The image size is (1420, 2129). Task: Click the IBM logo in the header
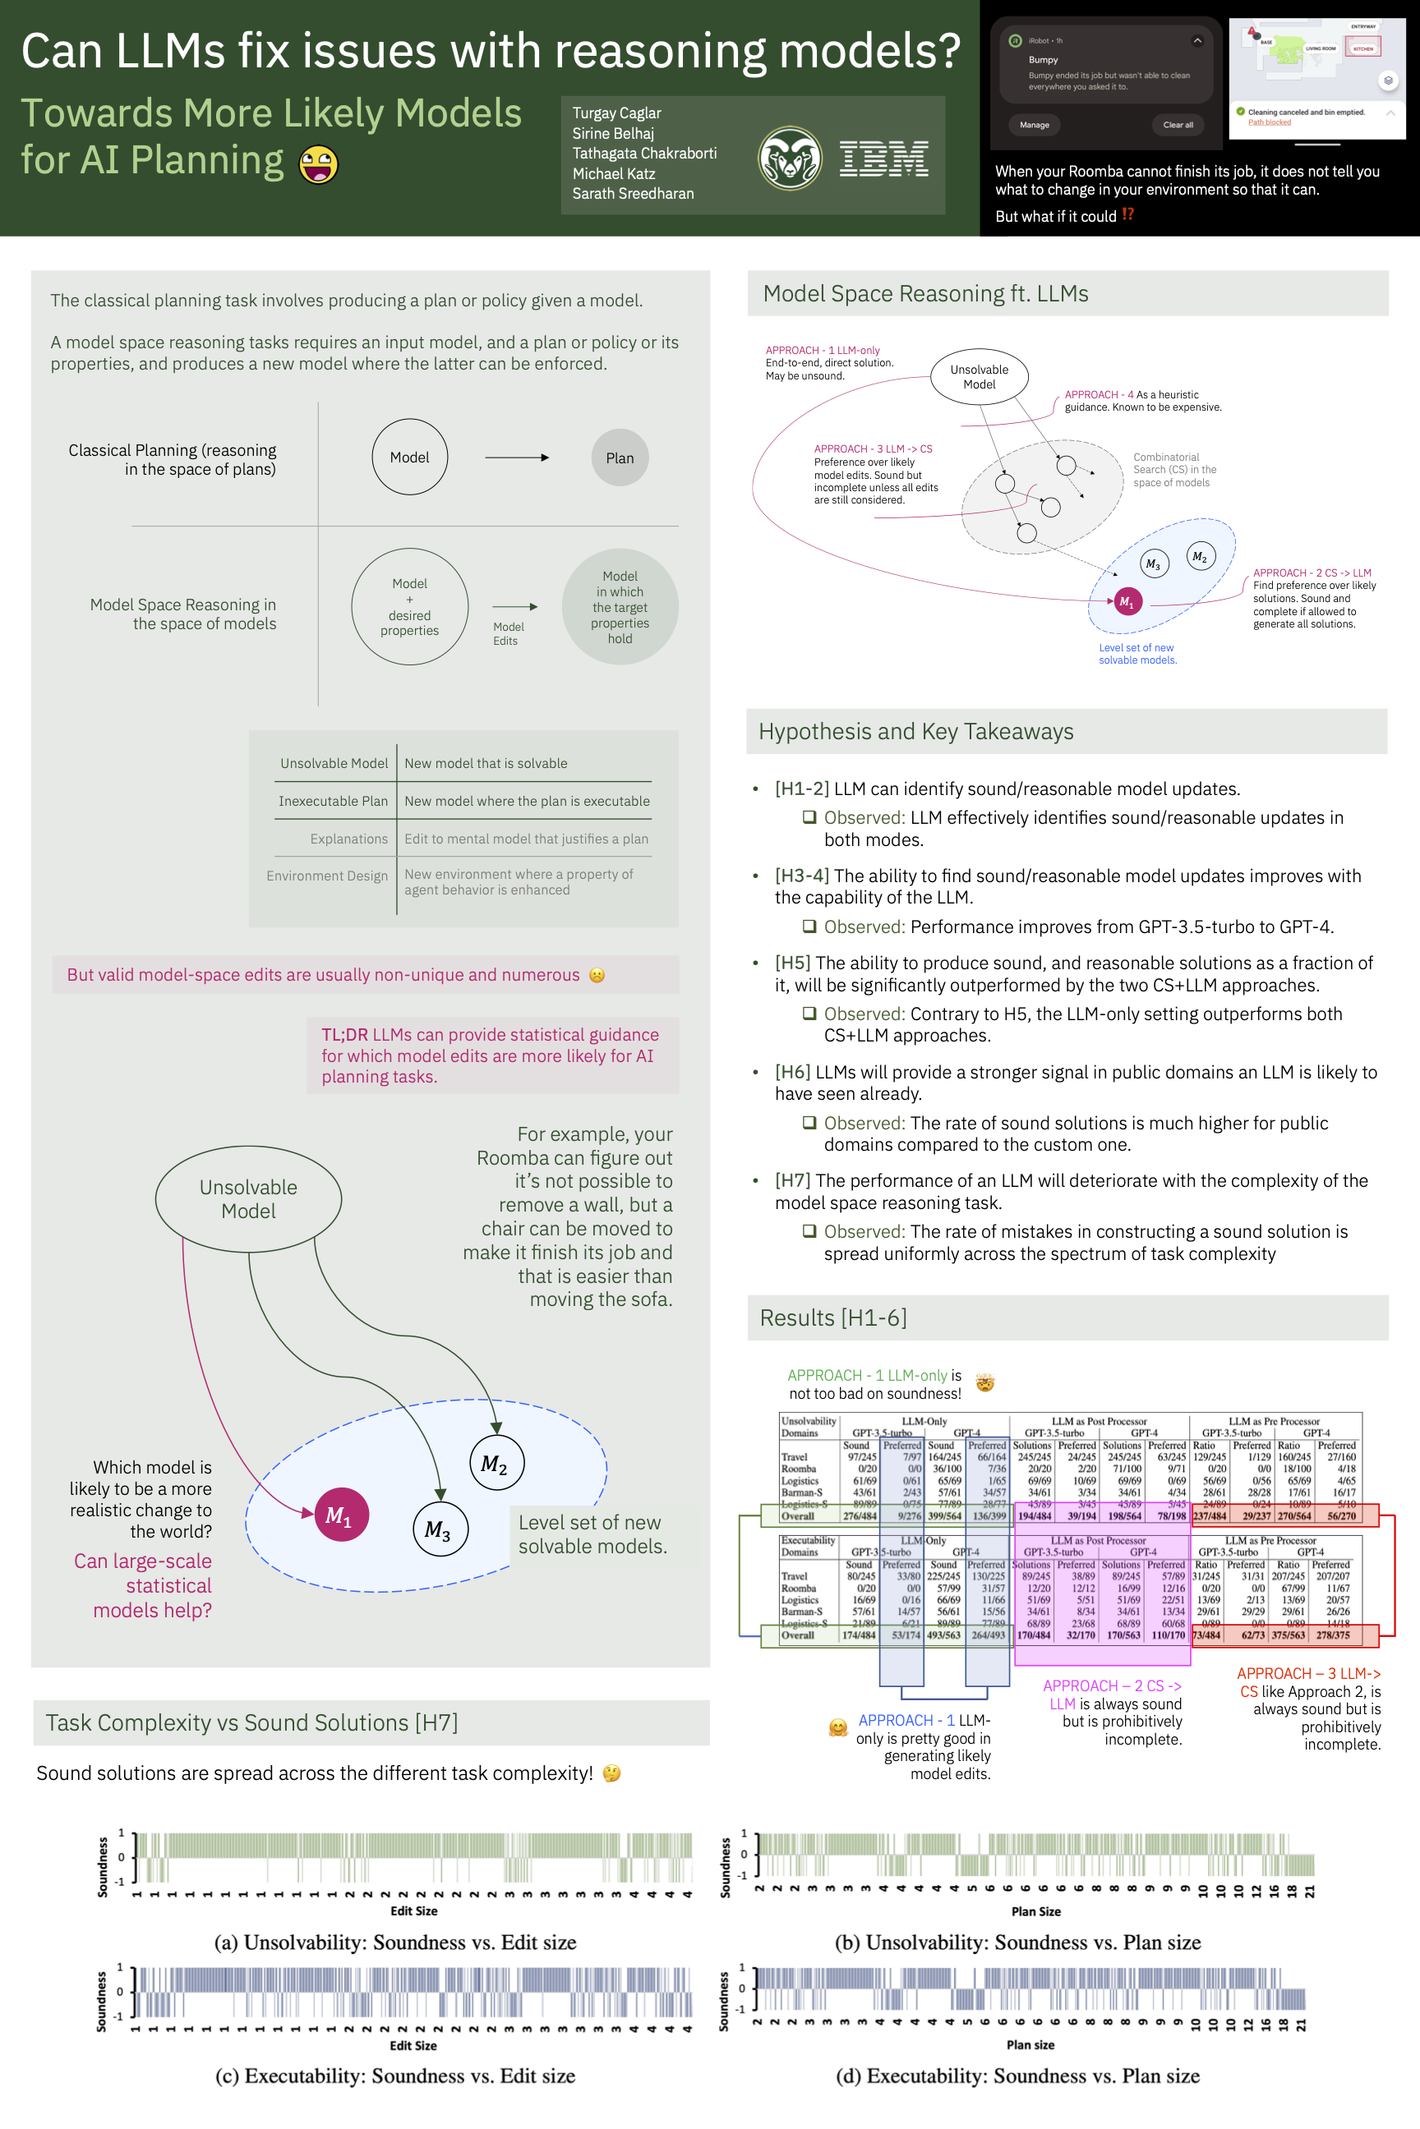point(883,159)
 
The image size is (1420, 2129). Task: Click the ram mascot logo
point(790,159)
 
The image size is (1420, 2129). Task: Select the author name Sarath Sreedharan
point(633,194)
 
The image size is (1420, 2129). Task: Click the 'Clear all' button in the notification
point(1178,125)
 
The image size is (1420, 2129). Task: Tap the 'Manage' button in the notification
point(1035,125)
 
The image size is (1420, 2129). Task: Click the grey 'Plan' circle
point(620,458)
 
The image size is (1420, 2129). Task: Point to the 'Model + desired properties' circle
point(409,606)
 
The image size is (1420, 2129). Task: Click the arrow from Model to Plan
point(516,458)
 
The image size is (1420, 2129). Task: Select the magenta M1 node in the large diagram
point(340,1515)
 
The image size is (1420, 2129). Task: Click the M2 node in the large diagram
point(496,1463)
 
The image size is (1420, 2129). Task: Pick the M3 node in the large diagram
point(439,1529)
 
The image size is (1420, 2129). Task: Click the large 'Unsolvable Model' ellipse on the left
point(248,1198)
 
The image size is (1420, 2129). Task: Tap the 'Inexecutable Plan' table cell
point(334,801)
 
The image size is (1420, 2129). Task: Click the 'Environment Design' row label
point(327,876)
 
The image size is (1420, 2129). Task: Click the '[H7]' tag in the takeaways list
point(792,1180)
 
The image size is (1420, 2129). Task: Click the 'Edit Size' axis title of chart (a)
point(414,1911)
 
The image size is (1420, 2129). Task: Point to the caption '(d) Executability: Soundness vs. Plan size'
point(1017,2076)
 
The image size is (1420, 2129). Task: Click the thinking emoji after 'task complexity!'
point(612,1773)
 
